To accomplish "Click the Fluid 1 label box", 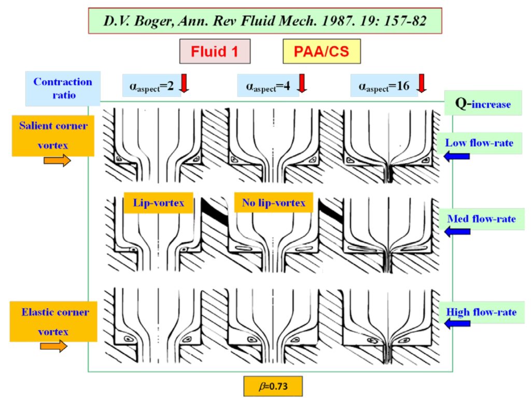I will click(214, 51).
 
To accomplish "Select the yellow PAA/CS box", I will click(322, 51).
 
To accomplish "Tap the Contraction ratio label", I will click(63, 89).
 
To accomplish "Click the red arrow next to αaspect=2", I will click(184, 83).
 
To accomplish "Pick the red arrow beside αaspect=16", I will click(421, 83).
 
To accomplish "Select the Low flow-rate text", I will click(480, 142).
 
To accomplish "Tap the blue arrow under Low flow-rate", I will click(457, 156).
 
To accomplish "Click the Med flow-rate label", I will click(481, 219).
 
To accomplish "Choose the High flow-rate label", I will click(481, 312).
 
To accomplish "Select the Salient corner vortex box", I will click(53, 135).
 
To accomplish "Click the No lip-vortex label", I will click(274, 203).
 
